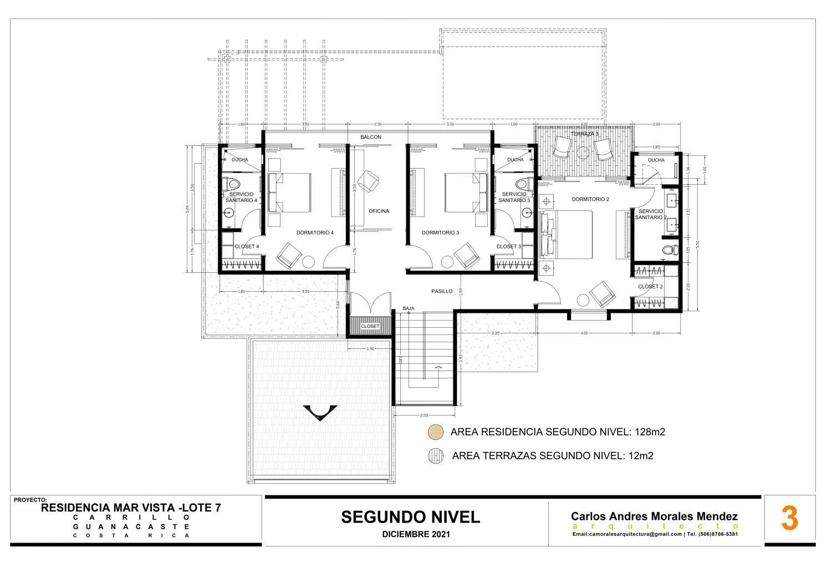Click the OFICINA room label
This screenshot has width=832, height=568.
point(379,211)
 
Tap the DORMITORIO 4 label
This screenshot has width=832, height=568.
point(315,233)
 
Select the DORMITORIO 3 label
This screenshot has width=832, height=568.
point(440,233)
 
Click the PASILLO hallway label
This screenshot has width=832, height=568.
point(442,291)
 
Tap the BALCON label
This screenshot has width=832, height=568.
point(371,137)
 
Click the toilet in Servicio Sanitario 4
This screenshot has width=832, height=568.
point(233,184)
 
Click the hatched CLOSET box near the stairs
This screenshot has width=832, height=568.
point(370,326)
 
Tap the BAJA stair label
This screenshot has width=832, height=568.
point(409,308)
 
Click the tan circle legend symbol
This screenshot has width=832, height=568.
point(436,432)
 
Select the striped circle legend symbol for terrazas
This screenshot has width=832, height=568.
point(436,456)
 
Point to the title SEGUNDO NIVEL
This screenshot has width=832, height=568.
point(410,517)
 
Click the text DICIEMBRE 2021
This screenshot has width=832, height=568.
point(416,535)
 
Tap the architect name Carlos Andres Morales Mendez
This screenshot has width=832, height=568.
point(654,516)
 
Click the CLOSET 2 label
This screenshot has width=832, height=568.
point(650,287)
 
